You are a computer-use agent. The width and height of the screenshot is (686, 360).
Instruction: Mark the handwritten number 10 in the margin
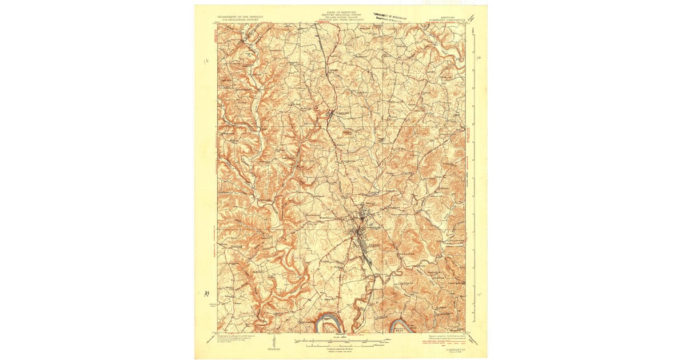(480, 57)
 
